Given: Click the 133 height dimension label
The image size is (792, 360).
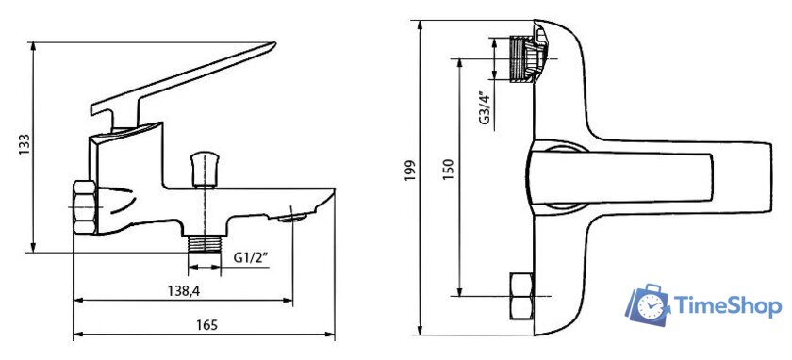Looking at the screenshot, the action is coord(25,145).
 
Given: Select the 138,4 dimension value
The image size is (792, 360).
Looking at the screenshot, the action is coord(182,290).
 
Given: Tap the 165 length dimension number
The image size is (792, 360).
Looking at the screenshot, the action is coord(206,324).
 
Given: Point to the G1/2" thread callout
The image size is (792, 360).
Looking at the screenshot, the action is coord(251,257).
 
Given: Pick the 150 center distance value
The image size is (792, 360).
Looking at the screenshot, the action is coord(448,169).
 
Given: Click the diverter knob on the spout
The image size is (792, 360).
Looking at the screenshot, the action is coord(204,169).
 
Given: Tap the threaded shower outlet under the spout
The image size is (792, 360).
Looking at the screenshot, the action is coord(204,244).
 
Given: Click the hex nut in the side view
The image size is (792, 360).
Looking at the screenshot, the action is coord(84,206).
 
